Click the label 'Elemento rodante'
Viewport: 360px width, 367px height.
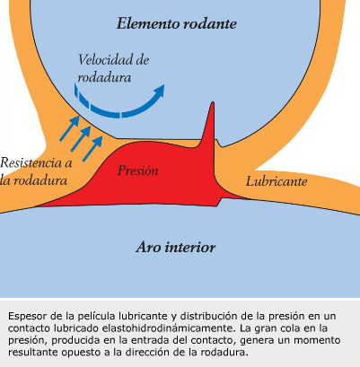pyautogui.click(x=177, y=23)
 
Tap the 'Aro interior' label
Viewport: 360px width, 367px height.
pyautogui.click(x=176, y=248)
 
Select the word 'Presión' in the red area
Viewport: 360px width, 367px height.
pyautogui.click(x=138, y=170)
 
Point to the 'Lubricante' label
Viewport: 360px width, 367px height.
pyautogui.click(x=277, y=181)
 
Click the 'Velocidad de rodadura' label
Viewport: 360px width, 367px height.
pyautogui.click(x=113, y=68)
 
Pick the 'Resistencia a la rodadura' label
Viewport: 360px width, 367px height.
pyautogui.click(x=36, y=171)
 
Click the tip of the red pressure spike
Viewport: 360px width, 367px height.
pyautogui.click(x=213, y=102)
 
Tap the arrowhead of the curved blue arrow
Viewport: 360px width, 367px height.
pyautogui.click(x=160, y=91)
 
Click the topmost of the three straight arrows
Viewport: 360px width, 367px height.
pyautogui.click(x=69, y=128)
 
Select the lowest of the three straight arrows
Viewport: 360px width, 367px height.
pyautogui.click(x=92, y=149)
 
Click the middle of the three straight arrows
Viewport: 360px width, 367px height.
pyautogui.click(x=81, y=139)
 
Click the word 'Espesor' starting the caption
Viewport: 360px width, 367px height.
pyautogui.click(x=26, y=317)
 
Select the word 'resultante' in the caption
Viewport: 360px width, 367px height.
pyautogui.click(x=33, y=353)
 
